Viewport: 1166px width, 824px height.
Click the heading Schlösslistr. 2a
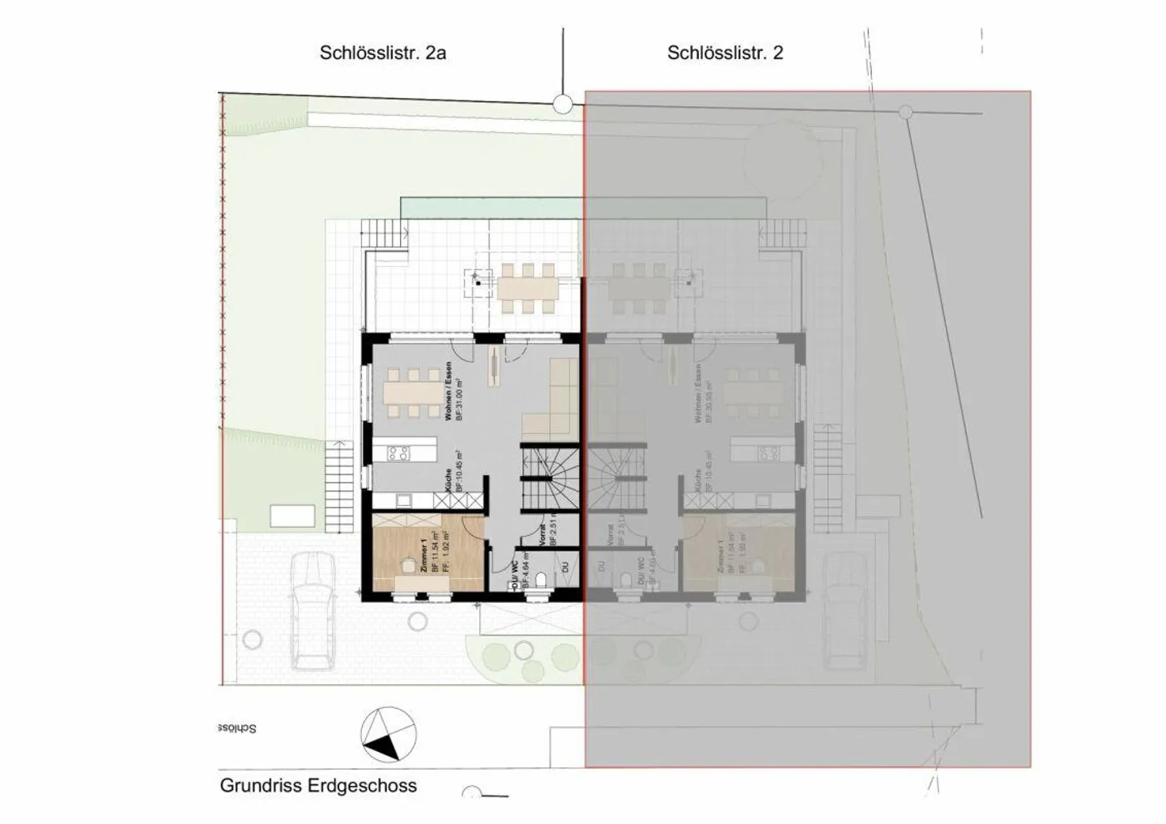click(383, 53)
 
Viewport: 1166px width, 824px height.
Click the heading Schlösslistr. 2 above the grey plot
click(725, 53)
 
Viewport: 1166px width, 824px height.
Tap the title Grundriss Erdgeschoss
click(318, 785)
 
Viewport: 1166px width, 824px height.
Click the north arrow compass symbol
click(388, 735)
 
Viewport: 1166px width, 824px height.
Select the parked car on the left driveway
click(313, 611)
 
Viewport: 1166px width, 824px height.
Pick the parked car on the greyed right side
click(846, 611)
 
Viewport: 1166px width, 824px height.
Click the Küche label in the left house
click(448, 481)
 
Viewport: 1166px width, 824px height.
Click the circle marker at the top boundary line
click(563, 104)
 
